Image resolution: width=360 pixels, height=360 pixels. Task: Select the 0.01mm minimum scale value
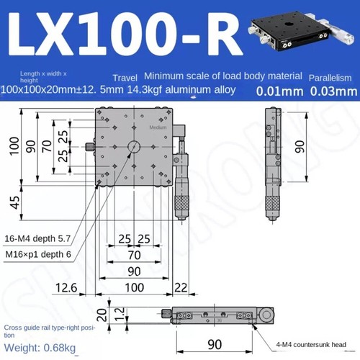click(x=278, y=91)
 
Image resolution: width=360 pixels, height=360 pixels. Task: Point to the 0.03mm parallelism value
click(x=333, y=91)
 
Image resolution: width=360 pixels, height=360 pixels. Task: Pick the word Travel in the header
click(x=125, y=77)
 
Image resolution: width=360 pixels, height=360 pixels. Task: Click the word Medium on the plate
click(x=158, y=127)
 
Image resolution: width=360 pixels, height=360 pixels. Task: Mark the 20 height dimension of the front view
click(x=102, y=315)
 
